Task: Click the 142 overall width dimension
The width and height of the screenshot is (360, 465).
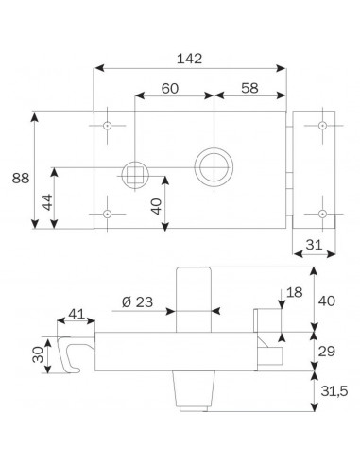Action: click(x=190, y=57)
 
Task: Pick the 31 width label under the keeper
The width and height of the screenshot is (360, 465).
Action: click(x=317, y=244)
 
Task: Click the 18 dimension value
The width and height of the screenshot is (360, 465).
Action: click(x=294, y=293)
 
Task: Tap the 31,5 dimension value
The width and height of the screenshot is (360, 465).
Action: click(x=332, y=390)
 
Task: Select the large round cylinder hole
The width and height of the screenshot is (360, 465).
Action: click(x=213, y=164)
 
